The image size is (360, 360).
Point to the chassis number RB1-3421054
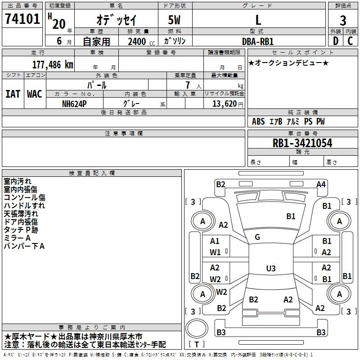[302, 144]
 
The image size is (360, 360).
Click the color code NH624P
[75, 103]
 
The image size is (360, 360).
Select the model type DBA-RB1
[258, 42]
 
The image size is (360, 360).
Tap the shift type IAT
[13, 94]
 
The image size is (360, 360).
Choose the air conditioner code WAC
[35, 94]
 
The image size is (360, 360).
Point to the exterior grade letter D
[335, 41]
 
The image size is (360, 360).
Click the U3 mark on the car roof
[270, 269]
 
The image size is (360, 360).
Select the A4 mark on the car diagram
[321, 184]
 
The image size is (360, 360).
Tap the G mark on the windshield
[257, 237]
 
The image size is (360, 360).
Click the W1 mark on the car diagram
[215, 252]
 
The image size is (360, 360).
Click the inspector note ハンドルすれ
[24, 206]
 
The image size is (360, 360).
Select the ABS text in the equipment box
[258, 121]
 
